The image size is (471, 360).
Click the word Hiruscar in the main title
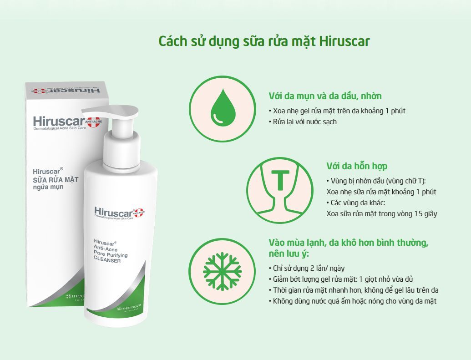(x=344, y=41)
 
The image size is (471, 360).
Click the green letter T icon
(x=280, y=180)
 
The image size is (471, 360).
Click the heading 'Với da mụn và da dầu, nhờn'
(x=325, y=96)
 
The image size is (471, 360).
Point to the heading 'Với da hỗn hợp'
(x=357, y=166)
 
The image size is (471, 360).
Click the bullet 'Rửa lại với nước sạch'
(x=303, y=122)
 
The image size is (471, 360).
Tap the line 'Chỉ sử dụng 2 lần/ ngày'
(x=307, y=268)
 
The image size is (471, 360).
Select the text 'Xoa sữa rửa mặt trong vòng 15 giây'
(x=382, y=213)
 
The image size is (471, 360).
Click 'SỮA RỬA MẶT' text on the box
(x=56, y=180)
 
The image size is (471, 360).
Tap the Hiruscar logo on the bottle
(x=119, y=213)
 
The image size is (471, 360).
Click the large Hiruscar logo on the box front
(x=67, y=122)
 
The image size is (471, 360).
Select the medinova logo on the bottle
(x=129, y=307)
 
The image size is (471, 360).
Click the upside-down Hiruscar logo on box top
(x=66, y=90)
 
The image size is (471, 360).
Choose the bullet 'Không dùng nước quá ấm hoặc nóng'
(x=353, y=301)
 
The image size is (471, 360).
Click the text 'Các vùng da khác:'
(x=356, y=203)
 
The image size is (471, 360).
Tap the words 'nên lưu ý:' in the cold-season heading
(x=289, y=254)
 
